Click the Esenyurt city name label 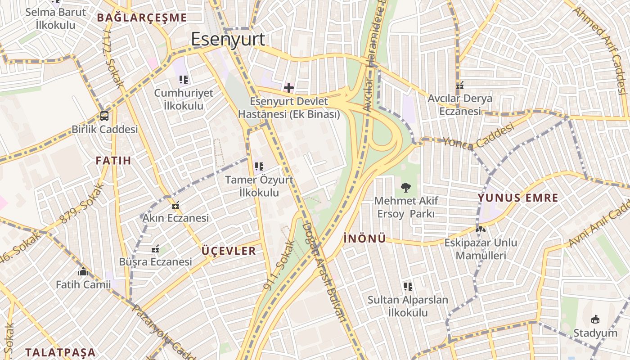click(228, 40)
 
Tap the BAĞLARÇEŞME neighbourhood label click(142, 18)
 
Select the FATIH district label click(113, 160)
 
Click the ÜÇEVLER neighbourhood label click(229, 251)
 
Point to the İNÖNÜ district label click(364, 238)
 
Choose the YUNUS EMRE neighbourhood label click(518, 198)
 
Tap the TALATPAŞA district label click(60, 352)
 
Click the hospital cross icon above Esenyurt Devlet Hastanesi click(289, 87)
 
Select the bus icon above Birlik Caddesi click(104, 116)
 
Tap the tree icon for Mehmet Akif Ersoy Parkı click(405, 187)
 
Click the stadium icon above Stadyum click(595, 319)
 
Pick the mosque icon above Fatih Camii click(83, 271)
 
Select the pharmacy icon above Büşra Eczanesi click(155, 248)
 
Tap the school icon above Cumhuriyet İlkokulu click(183, 80)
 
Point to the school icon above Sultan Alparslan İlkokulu click(408, 286)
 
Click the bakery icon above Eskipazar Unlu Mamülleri click(481, 229)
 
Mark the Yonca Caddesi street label click(478, 137)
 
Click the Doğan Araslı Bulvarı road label click(324, 272)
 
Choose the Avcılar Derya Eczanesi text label click(460, 104)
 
